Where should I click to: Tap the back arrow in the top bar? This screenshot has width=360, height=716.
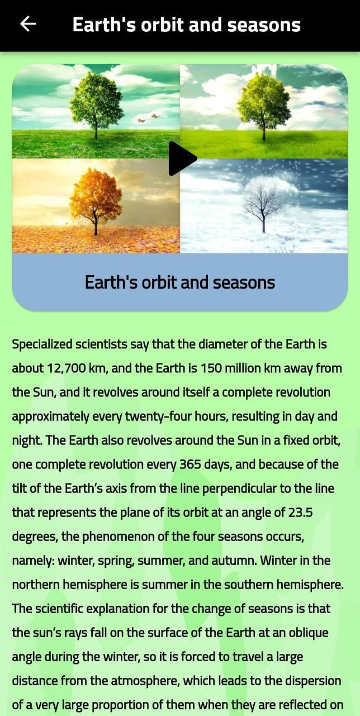pyautogui.click(x=28, y=24)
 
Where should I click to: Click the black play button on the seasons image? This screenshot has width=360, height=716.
pyautogui.click(x=182, y=158)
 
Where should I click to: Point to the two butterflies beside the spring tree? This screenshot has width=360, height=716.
pyautogui.click(x=149, y=118)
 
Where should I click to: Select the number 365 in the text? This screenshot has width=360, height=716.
pyautogui.click(x=190, y=464)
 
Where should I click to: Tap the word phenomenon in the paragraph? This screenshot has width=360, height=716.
pyautogui.click(x=118, y=536)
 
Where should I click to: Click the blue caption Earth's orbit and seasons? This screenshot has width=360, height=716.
pyautogui.click(x=180, y=282)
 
